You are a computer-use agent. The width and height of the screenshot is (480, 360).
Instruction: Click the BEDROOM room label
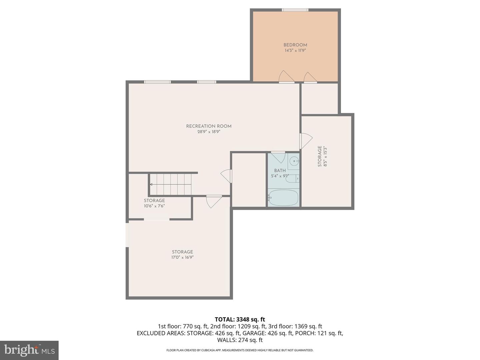click(295, 45)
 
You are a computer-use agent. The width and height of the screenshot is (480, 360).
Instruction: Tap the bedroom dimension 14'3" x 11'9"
click(295, 51)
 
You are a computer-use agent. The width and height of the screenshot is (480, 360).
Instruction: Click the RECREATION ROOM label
click(209, 126)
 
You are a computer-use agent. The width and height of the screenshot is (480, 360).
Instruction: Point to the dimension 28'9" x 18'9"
click(209, 132)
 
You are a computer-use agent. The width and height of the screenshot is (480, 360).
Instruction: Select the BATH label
click(280, 170)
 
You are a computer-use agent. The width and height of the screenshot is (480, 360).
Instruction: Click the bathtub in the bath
click(283, 198)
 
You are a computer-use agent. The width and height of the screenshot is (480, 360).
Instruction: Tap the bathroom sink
click(294, 162)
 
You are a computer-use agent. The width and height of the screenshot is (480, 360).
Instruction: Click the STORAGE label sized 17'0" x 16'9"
click(182, 252)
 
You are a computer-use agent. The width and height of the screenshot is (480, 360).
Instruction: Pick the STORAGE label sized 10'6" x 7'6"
click(154, 201)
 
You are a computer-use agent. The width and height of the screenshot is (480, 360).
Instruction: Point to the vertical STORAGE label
click(320, 156)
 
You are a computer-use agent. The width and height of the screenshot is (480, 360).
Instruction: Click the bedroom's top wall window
click(295, 10)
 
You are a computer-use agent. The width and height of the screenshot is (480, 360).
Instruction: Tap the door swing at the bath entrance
click(278, 157)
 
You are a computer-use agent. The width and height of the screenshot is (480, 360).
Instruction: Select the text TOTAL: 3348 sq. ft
click(240, 319)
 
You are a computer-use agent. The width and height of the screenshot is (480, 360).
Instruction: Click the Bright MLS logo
click(29, 350)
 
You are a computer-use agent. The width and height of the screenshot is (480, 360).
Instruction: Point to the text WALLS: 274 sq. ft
click(240, 340)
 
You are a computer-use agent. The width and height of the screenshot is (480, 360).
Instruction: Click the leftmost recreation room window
click(157, 82)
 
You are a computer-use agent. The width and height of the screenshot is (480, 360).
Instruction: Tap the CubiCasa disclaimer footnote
click(240, 350)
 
